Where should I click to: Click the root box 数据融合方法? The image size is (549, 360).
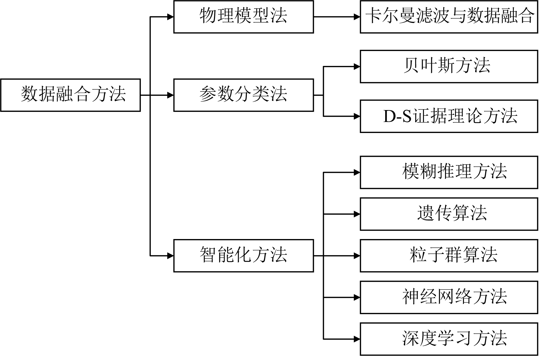tap(70, 95)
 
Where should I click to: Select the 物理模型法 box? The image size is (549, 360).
tap(243, 17)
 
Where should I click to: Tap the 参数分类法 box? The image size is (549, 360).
tap(243, 95)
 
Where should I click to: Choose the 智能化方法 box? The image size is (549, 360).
tap(243, 256)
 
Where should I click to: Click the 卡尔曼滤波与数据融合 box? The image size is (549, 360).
tap(449, 17)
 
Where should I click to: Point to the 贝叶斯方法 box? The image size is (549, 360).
tap(449, 66)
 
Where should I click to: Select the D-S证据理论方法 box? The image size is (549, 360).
tap(449, 116)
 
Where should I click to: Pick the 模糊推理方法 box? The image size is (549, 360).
tap(449, 172)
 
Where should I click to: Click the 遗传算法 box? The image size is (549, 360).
tap(449, 214)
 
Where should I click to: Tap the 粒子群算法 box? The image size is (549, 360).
tap(449, 256)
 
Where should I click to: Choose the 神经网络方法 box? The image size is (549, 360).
tap(449, 297)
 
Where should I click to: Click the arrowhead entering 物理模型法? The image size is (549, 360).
tap(170, 17)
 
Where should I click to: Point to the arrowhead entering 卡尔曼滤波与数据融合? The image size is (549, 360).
tap(357, 17)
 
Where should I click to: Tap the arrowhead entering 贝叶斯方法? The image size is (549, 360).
tap(357, 66)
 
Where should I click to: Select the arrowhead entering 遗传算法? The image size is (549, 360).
tap(357, 214)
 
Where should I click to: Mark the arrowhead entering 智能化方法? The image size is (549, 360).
tap(170, 256)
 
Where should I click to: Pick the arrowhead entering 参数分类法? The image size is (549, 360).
tap(170, 95)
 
